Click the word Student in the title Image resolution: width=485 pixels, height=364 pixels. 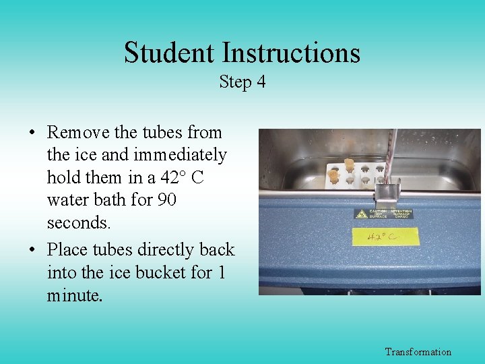(x=169, y=53)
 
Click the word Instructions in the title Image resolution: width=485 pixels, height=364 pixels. (x=291, y=53)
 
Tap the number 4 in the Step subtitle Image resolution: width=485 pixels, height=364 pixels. (x=261, y=82)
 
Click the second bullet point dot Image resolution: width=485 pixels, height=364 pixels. (x=33, y=250)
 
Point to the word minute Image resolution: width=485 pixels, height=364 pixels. (x=75, y=295)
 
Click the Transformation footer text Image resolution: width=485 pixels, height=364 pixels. (x=418, y=352)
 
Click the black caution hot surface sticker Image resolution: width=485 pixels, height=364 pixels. (x=384, y=214)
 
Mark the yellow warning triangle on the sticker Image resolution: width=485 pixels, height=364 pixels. (x=362, y=214)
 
